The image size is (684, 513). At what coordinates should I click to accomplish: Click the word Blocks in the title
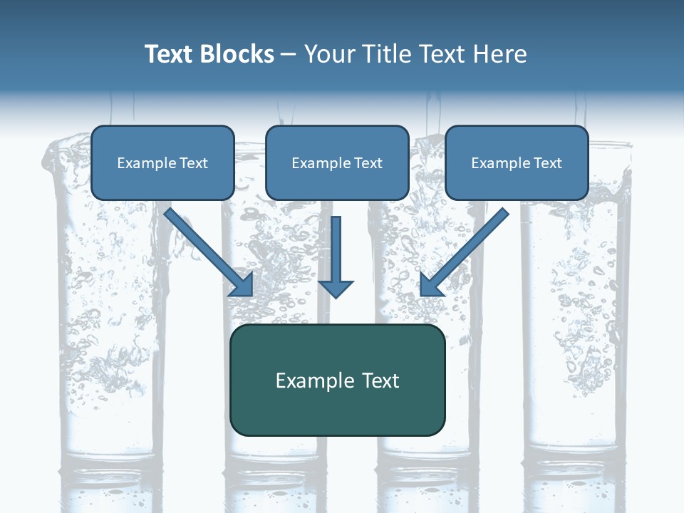(x=236, y=54)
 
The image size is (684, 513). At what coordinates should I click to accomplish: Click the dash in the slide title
(x=289, y=55)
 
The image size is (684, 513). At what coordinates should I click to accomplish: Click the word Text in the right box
(x=547, y=163)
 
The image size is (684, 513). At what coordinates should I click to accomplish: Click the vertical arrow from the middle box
(x=336, y=249)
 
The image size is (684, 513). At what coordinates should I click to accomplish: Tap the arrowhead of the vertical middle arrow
(x=336, y=289)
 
